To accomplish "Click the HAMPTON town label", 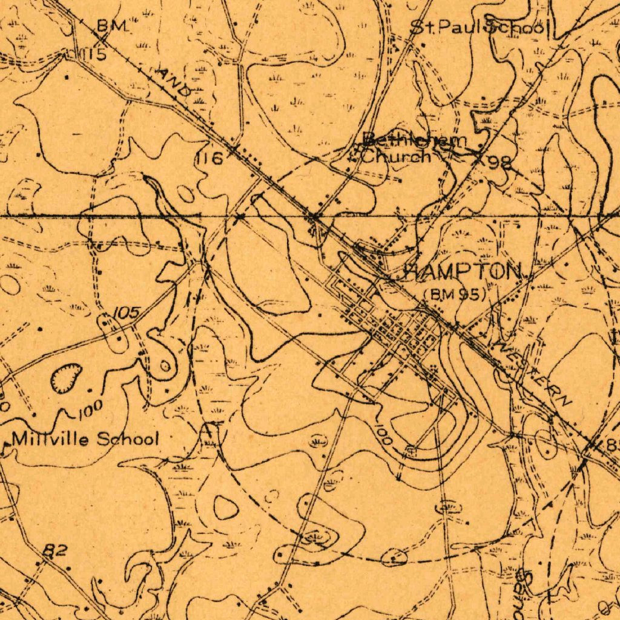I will [x=464, y=272].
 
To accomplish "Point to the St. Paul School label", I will [x=479, y=27].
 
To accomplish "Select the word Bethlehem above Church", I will [x=415, y=140].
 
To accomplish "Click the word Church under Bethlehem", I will [x=397, y=156].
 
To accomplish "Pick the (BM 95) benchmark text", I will [x=456, y=295].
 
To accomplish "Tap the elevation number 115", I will [x=94, y=55].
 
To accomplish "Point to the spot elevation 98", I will [x=501, y=162].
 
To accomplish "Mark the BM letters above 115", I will [x=113, y=25].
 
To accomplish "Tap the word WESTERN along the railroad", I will [x=533, y=374].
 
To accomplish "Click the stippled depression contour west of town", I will [x=65, y=378].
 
